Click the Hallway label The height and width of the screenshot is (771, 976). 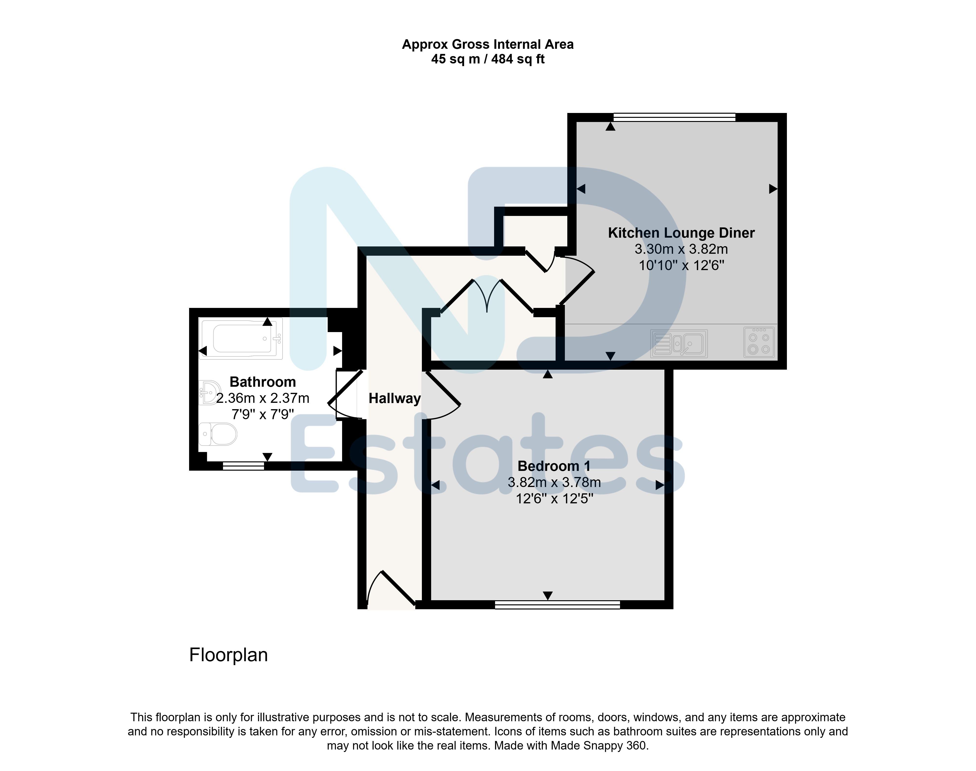click(x=395, y=398)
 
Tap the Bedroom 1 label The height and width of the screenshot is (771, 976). click(x=554, y=466)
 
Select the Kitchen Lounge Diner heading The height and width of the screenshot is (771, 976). click(x=681, y=233)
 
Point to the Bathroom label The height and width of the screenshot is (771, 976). click(x=263, y=382)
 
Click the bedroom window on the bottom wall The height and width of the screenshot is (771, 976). click(x=558, y=605)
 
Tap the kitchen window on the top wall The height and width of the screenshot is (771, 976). click(x=674, y=117)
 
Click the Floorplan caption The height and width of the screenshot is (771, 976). click(x=228, y=655)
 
